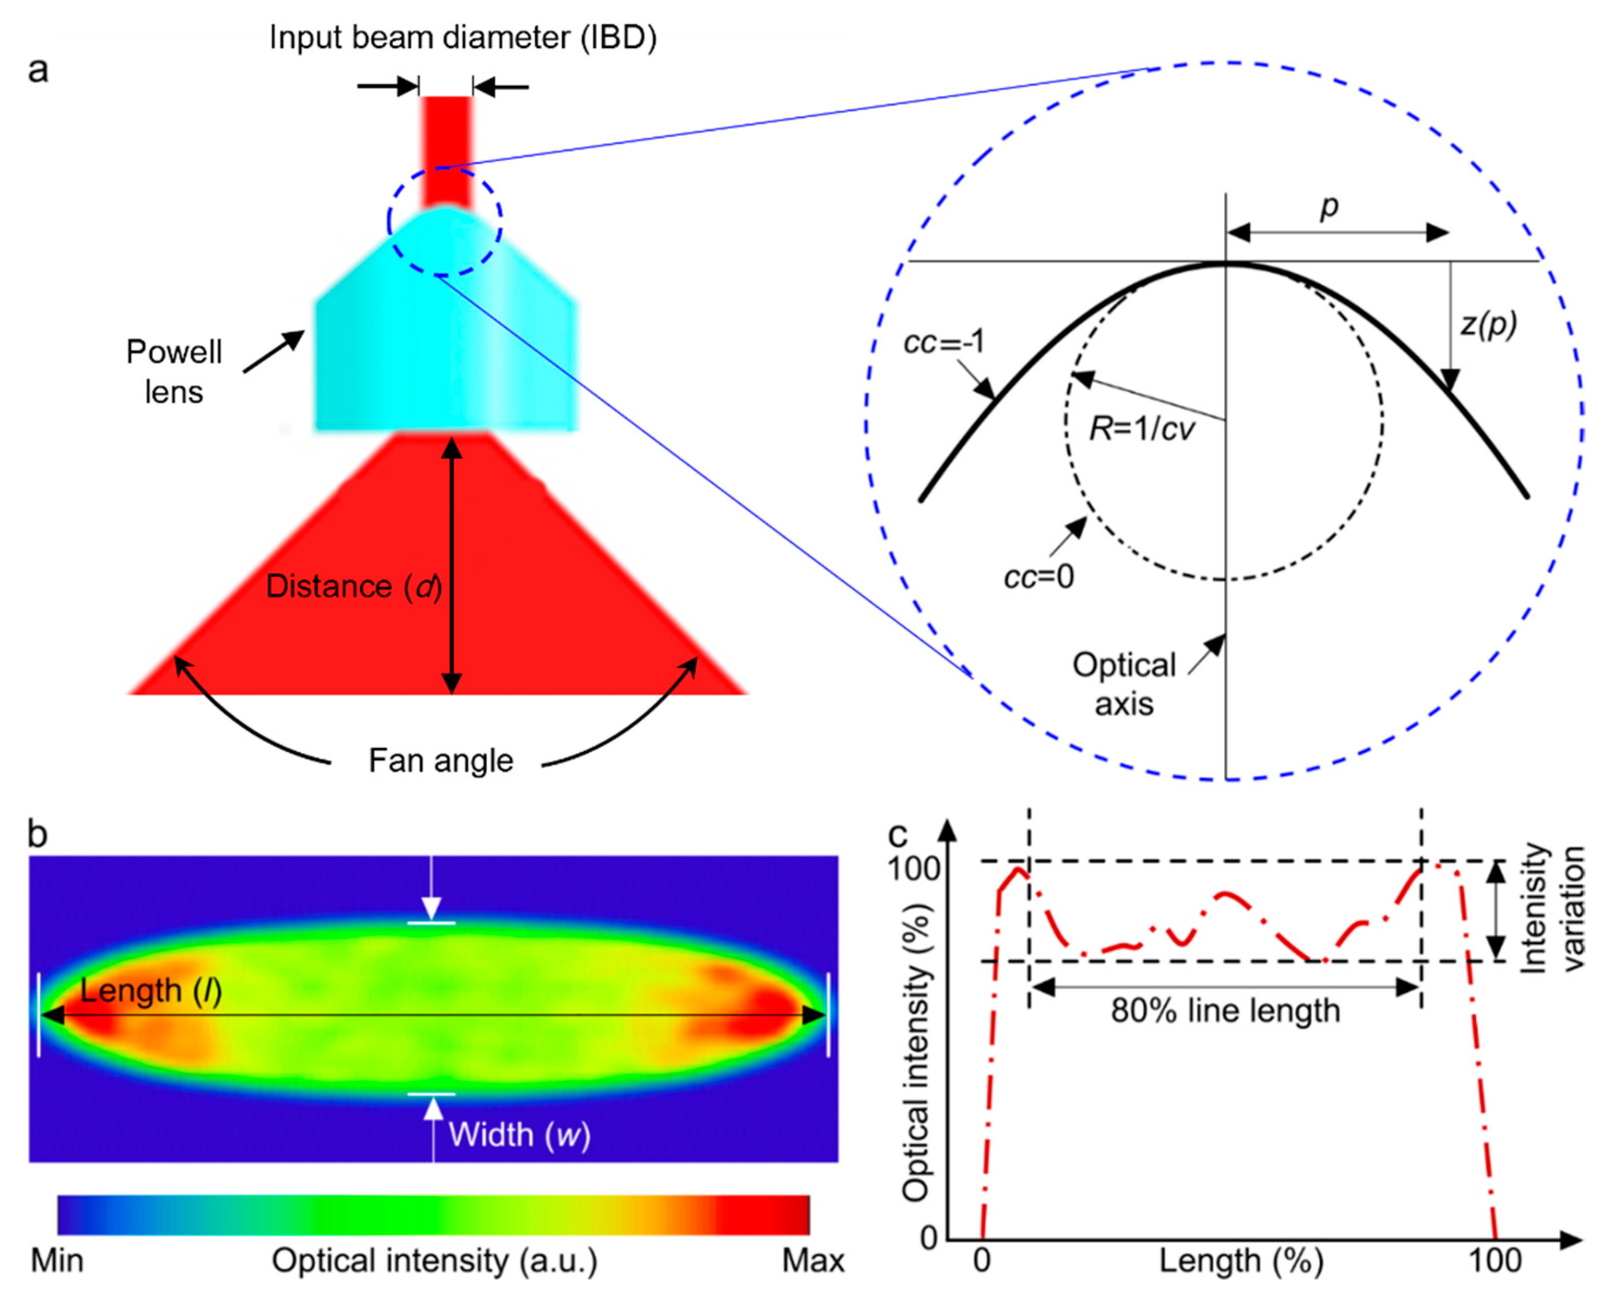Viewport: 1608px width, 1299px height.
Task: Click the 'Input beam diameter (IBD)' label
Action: pyautogui.click(x=463, y=38)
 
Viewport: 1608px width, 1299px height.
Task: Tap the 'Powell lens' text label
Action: pyautogui.click(x=174, y=372)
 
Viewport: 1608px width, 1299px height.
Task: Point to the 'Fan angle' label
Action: pyautogui.click(x=441, y=761)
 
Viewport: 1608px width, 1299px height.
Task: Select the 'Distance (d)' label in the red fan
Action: pyautogui.click(x=353, y=587)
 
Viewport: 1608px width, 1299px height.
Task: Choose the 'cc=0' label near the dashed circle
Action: pyautogui.click(x=1038, y=577)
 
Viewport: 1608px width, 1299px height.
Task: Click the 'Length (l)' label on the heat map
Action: pyautogui.click(x=150, y=991)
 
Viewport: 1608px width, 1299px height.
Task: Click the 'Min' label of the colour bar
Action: pyautogui.click(x=57, y=1261)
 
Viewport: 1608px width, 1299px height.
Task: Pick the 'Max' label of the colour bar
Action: pyautogui.click(x=812, y=1261)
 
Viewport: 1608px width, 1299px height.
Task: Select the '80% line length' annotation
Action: pyautogui.click(x=1225, y=1011)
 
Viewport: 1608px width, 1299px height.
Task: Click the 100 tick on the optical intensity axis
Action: pyautogui.click(x=913, y=869)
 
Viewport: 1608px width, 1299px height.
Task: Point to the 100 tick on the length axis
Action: pyautogui.click(x=1494, y=1261)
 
